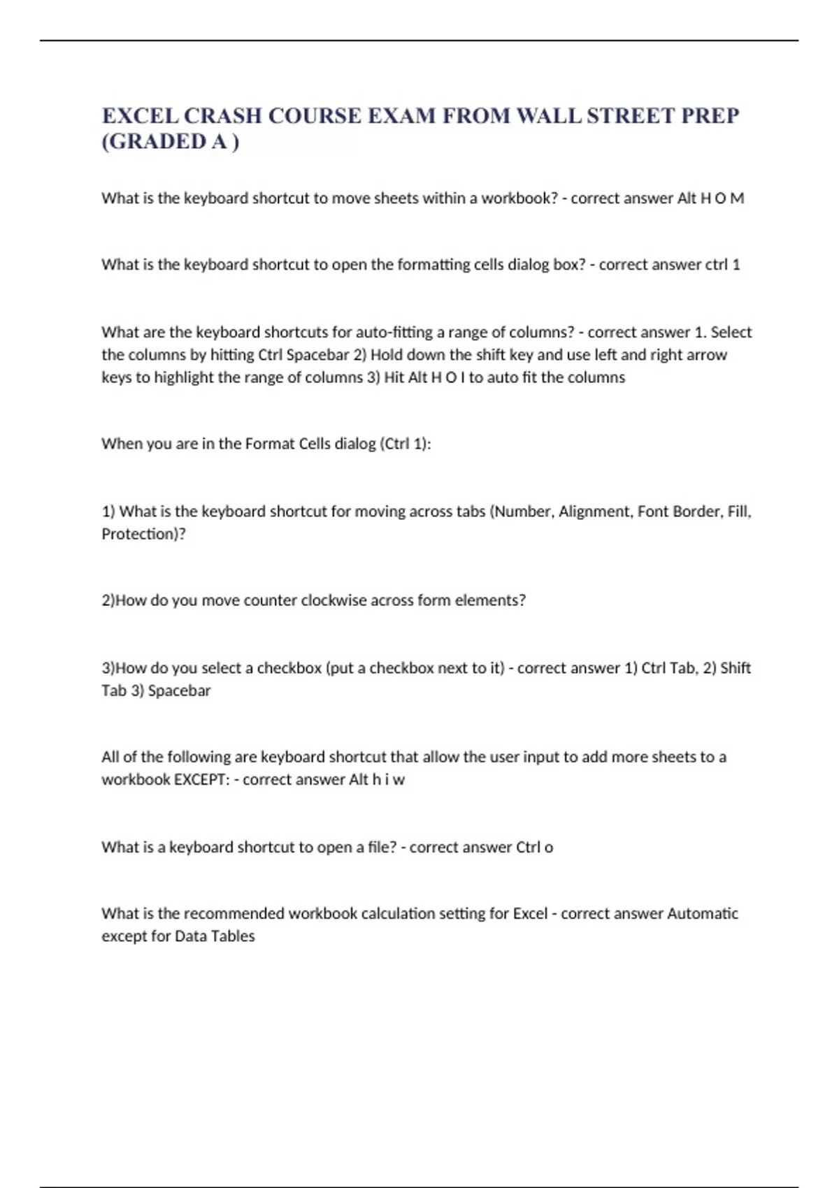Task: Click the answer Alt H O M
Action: click(x=711, y=198)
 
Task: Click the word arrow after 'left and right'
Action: click(x=707, y=355)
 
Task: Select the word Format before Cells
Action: click(x=270, y=444)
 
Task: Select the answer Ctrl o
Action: click(x=534, y=847)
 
